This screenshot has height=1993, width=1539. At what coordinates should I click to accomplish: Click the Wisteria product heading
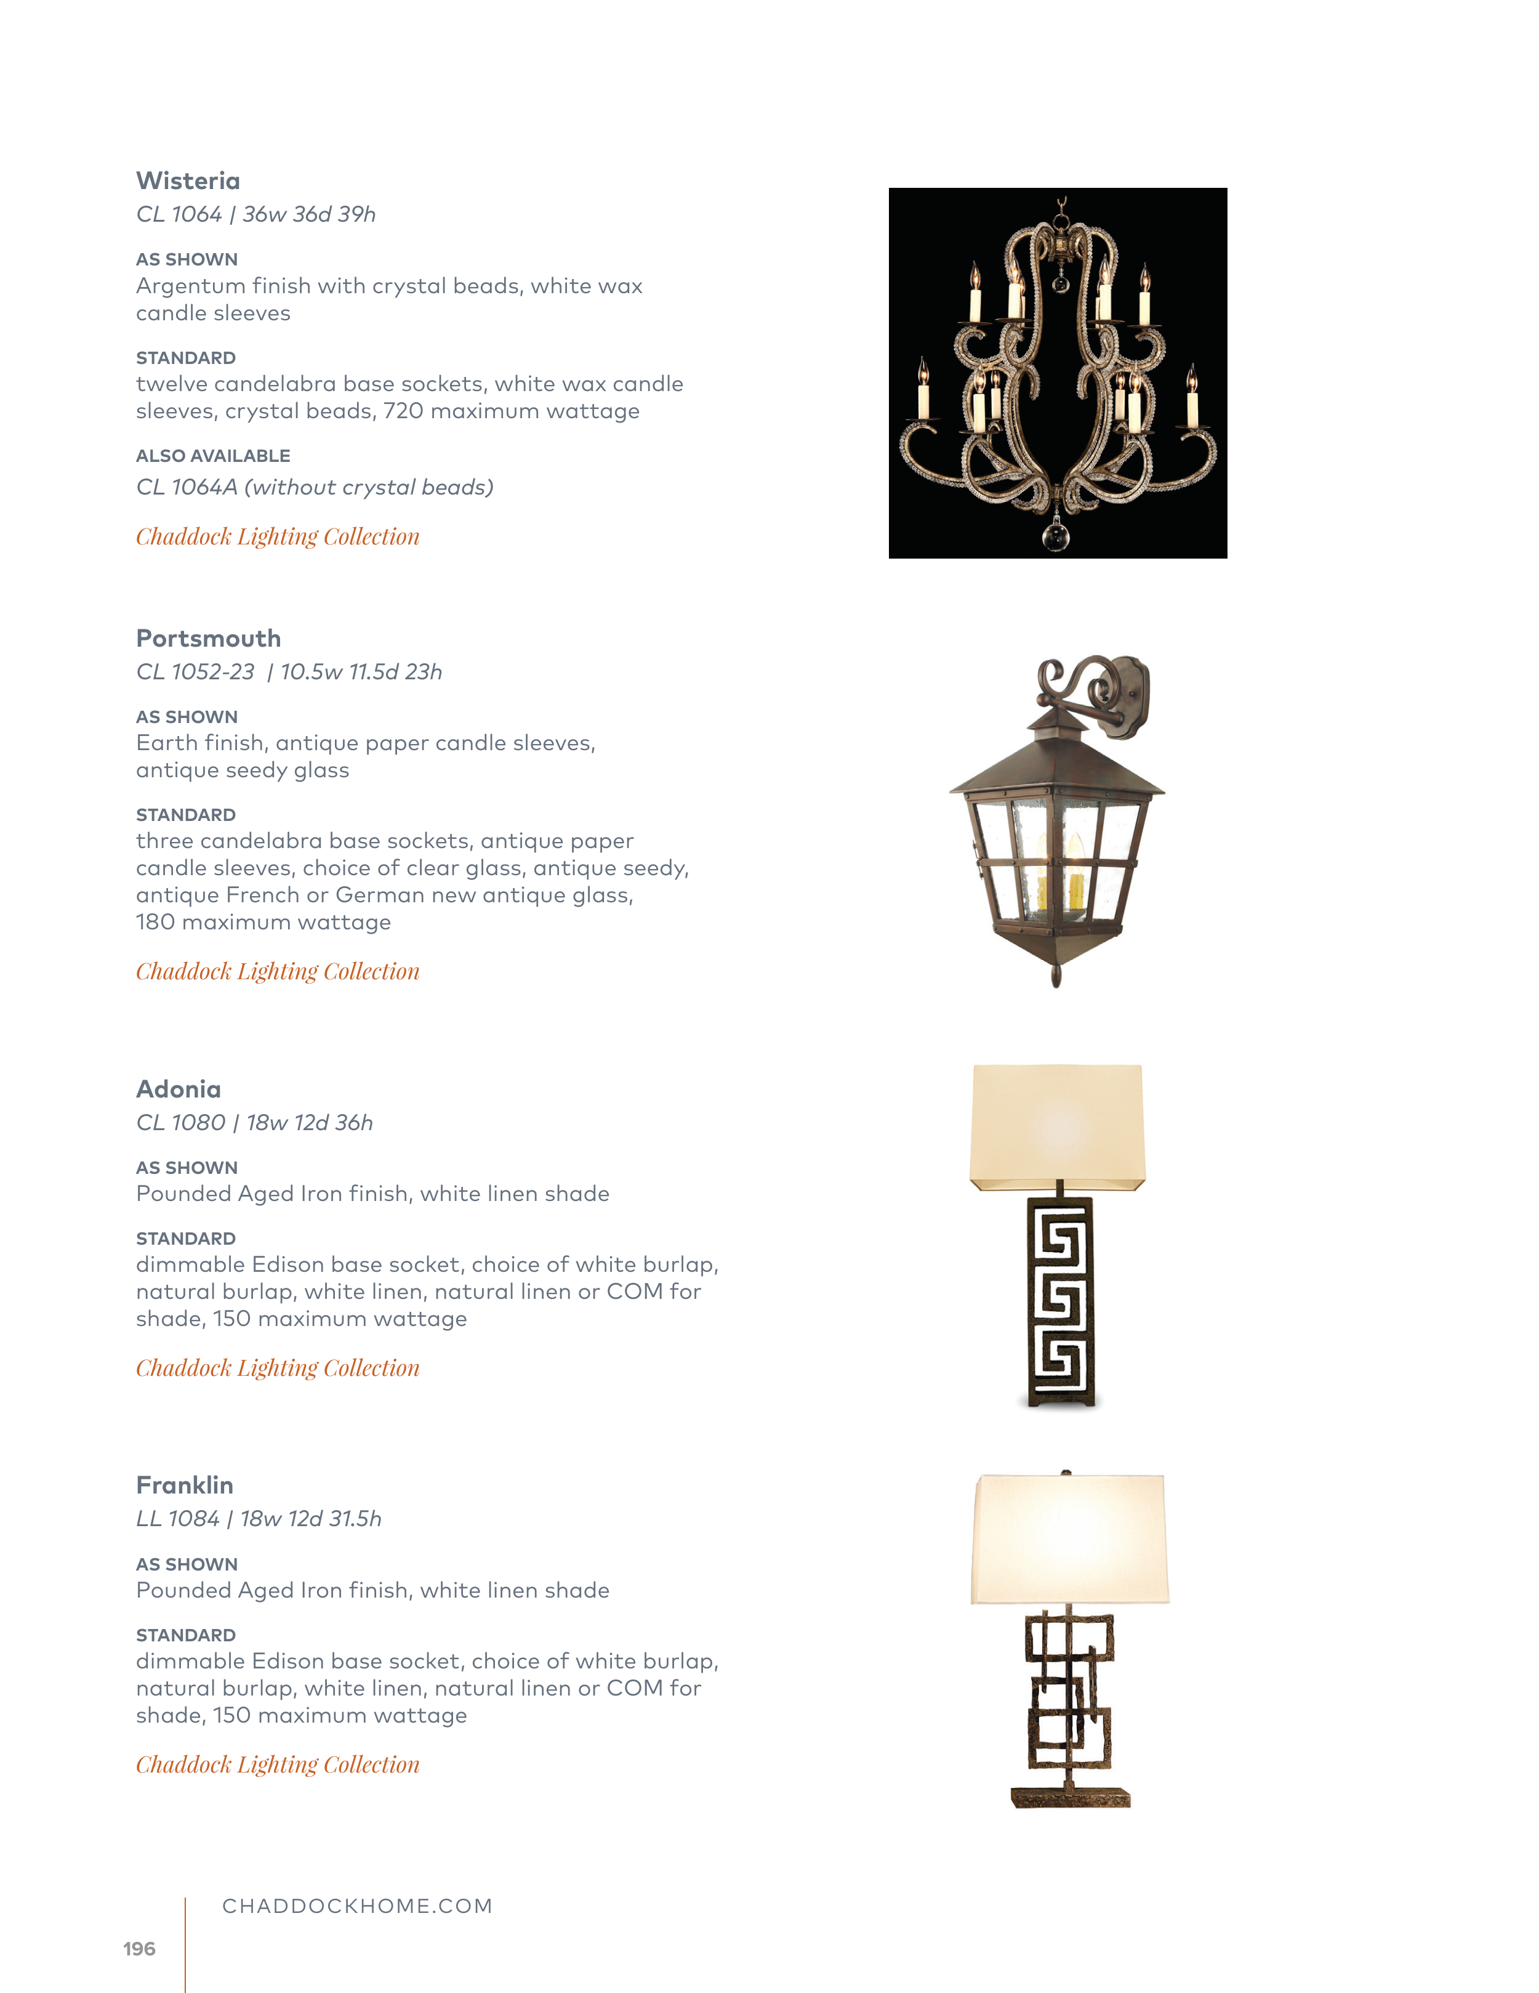click(188, 180)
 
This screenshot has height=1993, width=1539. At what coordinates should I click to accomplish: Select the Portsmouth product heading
click(208, 638)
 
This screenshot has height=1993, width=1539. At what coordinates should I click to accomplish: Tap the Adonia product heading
click(178, 1089)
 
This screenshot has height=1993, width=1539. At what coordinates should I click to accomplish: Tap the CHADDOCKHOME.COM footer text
click(356, 1906)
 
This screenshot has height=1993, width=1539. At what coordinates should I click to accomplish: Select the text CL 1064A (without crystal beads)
click(315, 487)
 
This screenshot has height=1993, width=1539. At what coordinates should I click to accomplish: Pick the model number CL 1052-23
click(195, 672)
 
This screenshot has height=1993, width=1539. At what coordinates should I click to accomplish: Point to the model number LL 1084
click(178, 1519)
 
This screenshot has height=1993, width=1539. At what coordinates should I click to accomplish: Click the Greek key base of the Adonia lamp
click(1059, 1300)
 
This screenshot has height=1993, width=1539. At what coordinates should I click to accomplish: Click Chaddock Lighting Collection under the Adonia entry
click(278, 1368)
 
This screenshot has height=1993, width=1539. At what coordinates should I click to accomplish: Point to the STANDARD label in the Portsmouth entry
click(185, 815)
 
